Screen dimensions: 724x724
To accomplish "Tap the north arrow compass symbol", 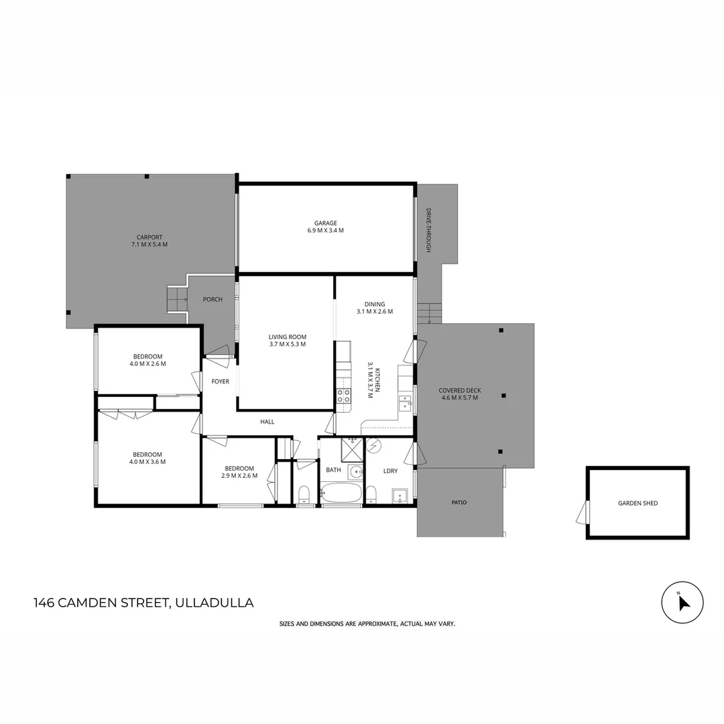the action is click(x=682, y=603).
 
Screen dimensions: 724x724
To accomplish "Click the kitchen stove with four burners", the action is click(x=343, y=396).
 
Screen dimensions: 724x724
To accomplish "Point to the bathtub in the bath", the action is click(x=341, y=495).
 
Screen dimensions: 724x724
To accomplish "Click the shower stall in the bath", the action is click(x=352, y=449).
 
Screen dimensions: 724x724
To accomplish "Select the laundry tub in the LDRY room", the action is click(x=400, y=497).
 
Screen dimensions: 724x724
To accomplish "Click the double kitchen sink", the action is click(x=406, y=403).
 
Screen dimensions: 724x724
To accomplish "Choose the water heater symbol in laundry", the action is click(x=373, y=446).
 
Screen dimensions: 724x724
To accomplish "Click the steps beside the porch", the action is click(x=177, y=298).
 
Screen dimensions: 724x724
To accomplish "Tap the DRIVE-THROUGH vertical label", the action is click(x=428, y=230).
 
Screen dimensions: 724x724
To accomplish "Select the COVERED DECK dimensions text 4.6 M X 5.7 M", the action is click(x=460, y=398).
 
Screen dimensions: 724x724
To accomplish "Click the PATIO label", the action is click(x=459, y=502).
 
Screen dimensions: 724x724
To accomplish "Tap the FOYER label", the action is click(x=221, y=381).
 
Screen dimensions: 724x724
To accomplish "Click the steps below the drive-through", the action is click(x=430, y=313).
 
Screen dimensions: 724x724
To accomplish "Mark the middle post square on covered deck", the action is click(x=503, y=396).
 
